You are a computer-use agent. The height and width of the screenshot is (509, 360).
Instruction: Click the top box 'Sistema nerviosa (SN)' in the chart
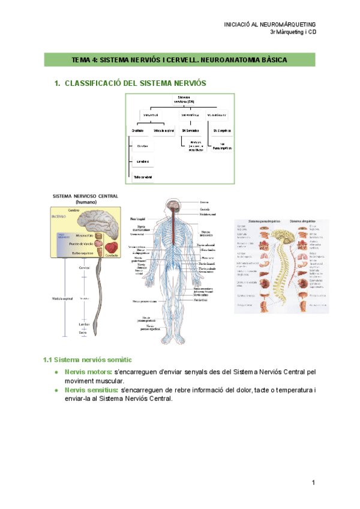coord(184,99)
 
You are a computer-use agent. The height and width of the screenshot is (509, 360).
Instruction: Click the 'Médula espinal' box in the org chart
coord(163,130)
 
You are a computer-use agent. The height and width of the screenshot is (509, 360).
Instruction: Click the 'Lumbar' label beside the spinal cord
coord(83,324)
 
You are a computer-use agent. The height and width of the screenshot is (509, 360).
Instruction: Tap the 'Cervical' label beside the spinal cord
coord(83,268)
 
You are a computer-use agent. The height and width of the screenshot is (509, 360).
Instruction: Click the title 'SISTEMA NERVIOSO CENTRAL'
coord(86,196)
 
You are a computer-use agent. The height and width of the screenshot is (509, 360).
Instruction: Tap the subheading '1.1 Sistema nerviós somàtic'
coord(88,360)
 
